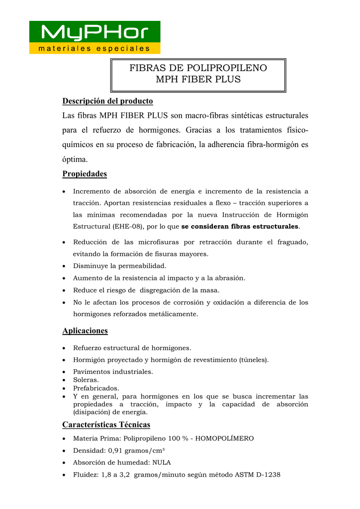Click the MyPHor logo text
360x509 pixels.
(94, 33)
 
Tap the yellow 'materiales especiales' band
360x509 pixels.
(94, 49)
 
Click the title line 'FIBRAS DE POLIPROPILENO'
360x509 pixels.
(198, 68)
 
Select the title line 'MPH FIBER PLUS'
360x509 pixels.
(198, 80)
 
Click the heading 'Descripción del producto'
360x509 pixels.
(107, 101)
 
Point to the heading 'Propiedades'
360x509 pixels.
(85, 174)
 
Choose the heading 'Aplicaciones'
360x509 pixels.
(85, 331)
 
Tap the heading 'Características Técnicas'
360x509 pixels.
(106, 424)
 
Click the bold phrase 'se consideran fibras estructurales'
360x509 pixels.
(240, 227)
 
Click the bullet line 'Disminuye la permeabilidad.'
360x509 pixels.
(120, 266)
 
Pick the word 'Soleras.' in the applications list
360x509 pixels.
(86, 380)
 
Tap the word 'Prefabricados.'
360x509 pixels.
(96, 388)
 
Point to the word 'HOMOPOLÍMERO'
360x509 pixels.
(225, 438)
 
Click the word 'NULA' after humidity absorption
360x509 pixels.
(161, 463)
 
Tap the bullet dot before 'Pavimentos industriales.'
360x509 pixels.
(65, 372)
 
